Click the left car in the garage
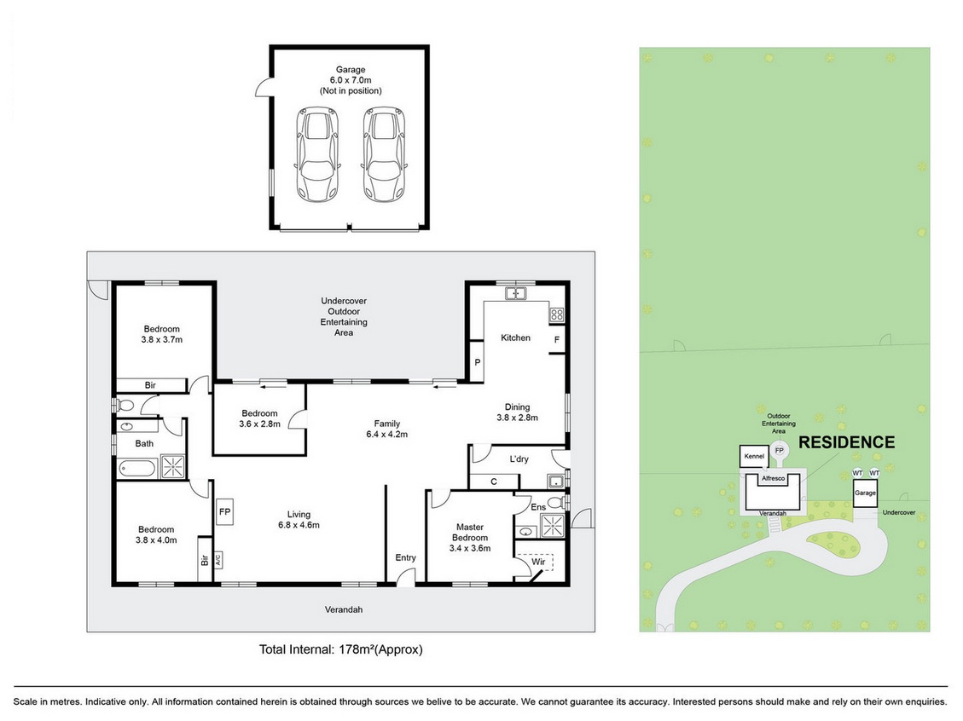(317, 154)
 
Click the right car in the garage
(385, 154)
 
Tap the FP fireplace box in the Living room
(225, 511)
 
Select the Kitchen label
(515, 337)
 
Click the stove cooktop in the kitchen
(556, 315)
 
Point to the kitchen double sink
(516, 293)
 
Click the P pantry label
(477, 363)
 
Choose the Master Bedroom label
(470, 532)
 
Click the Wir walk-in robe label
(538, 562)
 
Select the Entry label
(405, 557)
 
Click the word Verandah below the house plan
(344, 609)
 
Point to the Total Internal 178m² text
(341, 649)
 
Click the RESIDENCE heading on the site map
(846, 442)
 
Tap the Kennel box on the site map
(754, 457)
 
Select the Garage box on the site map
(866, 493)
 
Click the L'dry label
(519, 459)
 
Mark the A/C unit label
(218, 560)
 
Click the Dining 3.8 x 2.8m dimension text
(517, 418)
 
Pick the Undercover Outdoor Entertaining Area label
(344, 317)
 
